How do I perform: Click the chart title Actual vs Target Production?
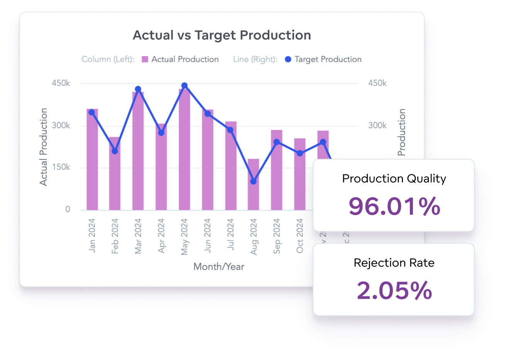222,35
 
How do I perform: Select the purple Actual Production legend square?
145,59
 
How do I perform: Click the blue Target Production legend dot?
288,59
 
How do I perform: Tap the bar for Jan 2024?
92,162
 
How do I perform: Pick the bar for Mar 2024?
138,155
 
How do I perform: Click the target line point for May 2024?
184,86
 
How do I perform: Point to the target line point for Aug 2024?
253,181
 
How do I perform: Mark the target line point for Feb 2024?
115,151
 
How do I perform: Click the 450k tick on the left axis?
61,83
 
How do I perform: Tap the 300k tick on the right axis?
377,126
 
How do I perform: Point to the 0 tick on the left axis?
68,209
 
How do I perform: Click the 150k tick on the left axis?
61,167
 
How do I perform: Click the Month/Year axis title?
219,267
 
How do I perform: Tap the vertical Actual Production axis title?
44,147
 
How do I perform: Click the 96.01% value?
394,206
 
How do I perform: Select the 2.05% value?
394,290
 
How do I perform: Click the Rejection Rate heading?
394,263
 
